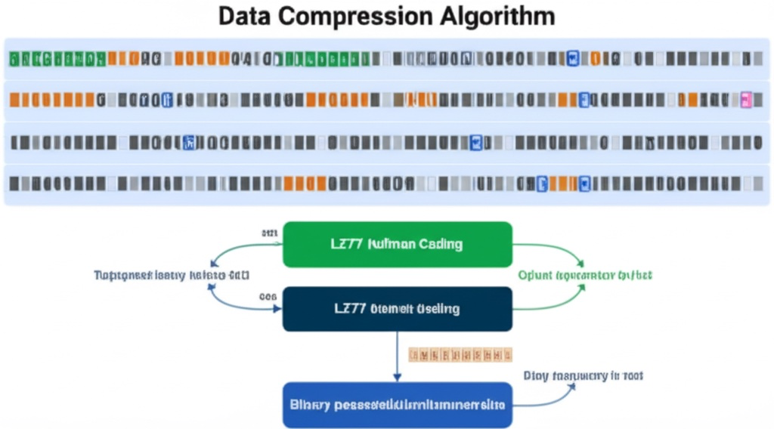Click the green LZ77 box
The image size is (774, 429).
pos(397,245)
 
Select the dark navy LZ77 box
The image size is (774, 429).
pos(397,309)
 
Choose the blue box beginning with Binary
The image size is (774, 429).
pos(397,405)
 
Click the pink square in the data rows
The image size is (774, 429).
pos(746,99)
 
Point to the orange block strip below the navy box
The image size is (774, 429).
pos(460,353)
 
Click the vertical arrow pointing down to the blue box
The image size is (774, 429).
pos(397,355)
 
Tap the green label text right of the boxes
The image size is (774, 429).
pos(585,276)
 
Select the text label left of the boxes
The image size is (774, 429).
pos(172,275)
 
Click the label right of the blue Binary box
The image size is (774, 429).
pos(583,375)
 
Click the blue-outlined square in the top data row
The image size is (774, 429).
pos(572,57)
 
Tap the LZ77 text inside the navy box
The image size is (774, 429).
pos(350,309)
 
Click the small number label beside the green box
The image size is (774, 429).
pos(268,233)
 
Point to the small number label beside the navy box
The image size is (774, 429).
pos(268,298)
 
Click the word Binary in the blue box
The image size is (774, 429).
pos(310,405)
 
